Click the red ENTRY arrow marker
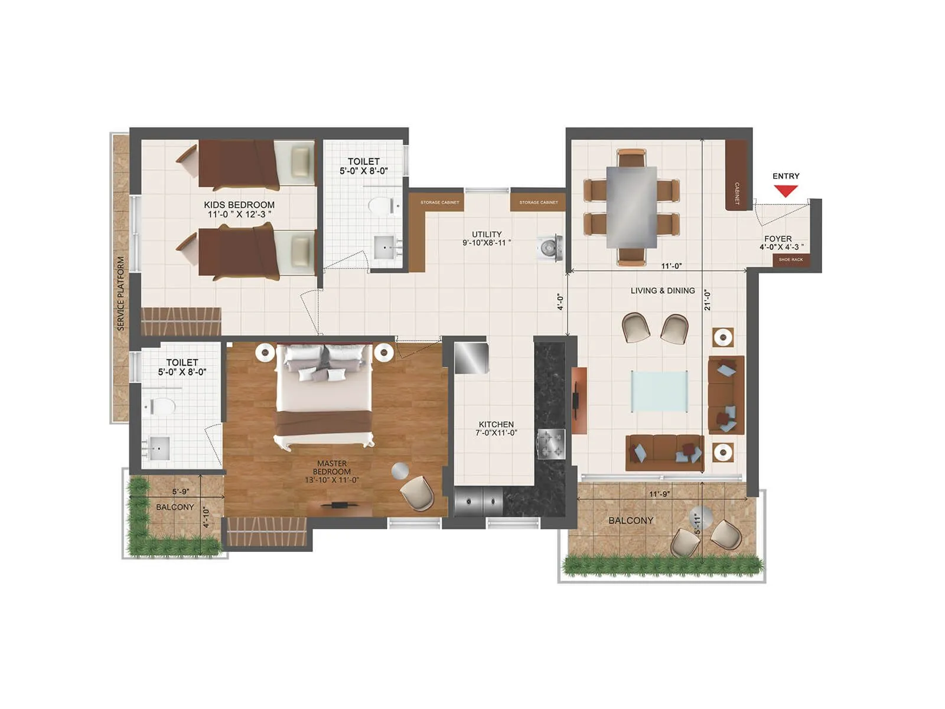click(x=786, y=191)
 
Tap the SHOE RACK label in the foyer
click(x=790, y=260)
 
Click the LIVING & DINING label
click(x=662, y=291)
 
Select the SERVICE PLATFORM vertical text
click(x=120, y=293)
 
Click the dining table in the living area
click(x=631, y=207)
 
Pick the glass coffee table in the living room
click(x=659, y=391)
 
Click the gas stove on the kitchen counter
click(x=550, y=444)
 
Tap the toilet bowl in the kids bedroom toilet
click(x=381, y=206)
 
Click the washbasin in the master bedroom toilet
click(x=158, y=448)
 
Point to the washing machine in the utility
click(x=550, y=248)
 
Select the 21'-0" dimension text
click(x=708, y=300)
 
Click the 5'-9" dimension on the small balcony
click(x=180, y=492)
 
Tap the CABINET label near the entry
click(x=737, y=193)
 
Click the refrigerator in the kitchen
click(x=471, y=357)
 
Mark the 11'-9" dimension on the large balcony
click(x=659, y=494)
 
